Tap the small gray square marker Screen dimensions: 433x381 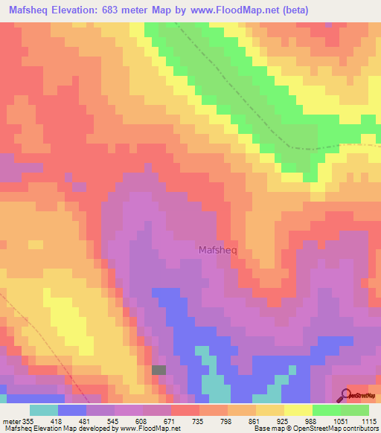pos(159,370)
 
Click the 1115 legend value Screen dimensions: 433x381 pos(368,420)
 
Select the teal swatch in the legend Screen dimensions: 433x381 pos(44,410)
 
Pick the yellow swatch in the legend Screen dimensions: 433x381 pos(298,410)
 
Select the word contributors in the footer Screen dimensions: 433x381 pos(360,429)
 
